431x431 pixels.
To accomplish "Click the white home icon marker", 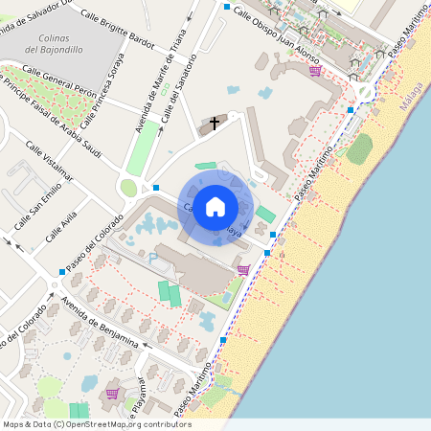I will tap(215, 206).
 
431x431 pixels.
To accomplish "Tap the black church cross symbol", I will tap(215, 123).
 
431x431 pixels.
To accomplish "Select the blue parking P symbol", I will tap(151, 257).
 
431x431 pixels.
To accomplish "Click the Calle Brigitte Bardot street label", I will tap(118, 29).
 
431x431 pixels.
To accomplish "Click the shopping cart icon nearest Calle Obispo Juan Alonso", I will tap(314, 70).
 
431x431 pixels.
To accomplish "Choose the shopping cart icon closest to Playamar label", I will tap(112, 393).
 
